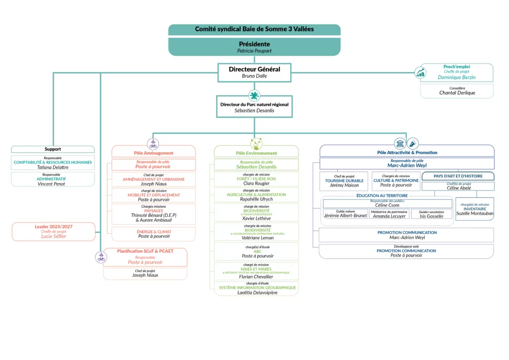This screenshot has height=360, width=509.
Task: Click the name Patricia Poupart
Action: click(254, 51)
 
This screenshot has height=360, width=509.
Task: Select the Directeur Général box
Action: click(254, 72)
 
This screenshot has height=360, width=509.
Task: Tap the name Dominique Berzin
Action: click(456, 77)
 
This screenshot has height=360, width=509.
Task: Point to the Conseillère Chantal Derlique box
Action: click(456, 90)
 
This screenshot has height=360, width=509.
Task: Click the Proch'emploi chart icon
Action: click(421, 73)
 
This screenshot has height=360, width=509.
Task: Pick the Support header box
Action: click(53, 149)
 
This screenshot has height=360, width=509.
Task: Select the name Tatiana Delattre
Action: click(53, 168)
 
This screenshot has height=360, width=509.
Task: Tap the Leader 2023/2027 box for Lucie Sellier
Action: click(53, 232)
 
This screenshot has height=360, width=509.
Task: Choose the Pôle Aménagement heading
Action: click(154, 153)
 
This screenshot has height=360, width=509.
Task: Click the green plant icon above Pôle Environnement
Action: click(256, 144)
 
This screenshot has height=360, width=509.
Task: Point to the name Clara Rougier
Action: click(256, 183)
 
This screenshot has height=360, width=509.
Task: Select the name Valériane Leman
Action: click(256, 238)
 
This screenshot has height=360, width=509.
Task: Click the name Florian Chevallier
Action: click(256, 276)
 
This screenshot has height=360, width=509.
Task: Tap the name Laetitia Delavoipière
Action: click(256, 293)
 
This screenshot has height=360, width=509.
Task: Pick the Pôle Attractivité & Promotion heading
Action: click(407, 152)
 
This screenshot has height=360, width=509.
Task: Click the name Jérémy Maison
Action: click(344, 185)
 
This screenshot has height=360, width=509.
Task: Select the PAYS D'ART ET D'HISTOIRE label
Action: click(458, 176)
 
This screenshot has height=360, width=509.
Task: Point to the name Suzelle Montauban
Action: click(475, 213)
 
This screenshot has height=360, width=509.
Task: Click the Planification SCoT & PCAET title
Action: click(145, 251)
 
